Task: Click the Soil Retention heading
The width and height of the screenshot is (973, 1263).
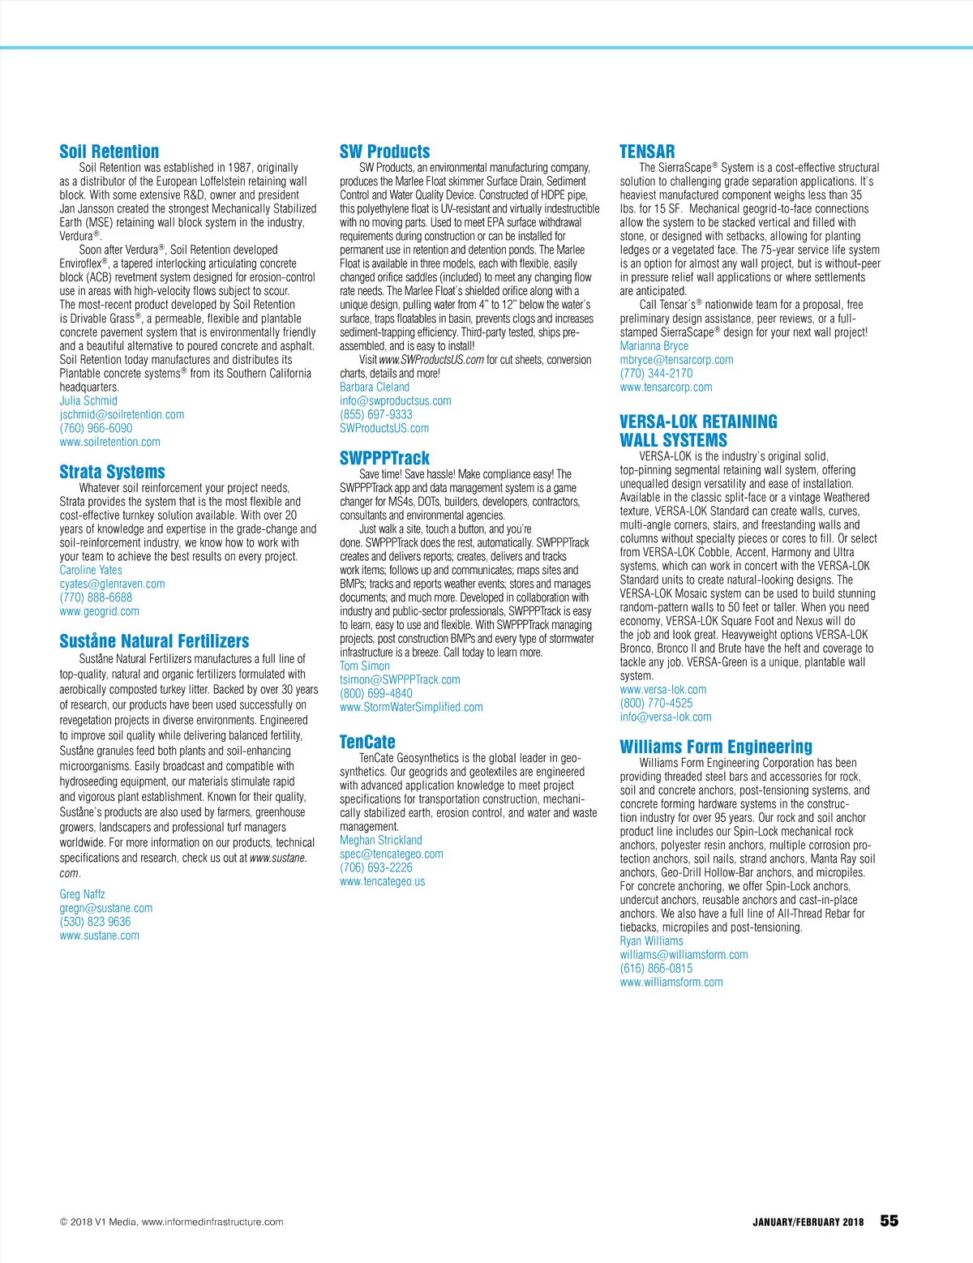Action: [x=109, y=152]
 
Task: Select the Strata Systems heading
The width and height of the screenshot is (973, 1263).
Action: [x=112, y=472]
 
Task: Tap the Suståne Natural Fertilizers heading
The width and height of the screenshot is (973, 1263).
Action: [x=154, y=641]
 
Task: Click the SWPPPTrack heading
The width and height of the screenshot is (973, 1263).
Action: [x=384, y=458]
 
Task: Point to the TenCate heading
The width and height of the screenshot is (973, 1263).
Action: [x=367, y=742]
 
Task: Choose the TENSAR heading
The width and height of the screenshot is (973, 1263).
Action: [x=647, y=152]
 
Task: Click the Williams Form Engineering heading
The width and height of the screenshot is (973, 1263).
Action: [x=715, y=747]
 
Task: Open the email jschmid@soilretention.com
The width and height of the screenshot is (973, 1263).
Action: [x=122, y=414]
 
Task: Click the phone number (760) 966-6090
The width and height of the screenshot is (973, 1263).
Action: [x=96, y=428]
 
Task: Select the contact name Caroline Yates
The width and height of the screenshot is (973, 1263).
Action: [x=91, y=570]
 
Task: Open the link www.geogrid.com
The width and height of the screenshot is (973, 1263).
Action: [x=99, y=611]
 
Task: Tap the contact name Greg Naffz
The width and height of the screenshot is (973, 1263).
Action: [x=82, y=894]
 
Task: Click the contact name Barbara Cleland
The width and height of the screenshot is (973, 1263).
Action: [x=375, y=387]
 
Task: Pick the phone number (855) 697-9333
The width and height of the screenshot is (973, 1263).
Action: [x=376, y=414]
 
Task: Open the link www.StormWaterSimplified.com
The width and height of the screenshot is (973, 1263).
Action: [x=411, y=707]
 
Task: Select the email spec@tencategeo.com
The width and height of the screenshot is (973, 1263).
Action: [x=392, y=854]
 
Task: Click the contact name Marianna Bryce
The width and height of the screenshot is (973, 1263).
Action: [x=654, y=346]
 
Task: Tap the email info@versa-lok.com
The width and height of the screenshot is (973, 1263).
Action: [x=666, y=717]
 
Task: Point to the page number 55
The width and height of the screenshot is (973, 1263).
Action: [x=889, y=1221]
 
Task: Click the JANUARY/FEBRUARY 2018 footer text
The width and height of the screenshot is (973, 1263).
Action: [x=808, y=1222]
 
